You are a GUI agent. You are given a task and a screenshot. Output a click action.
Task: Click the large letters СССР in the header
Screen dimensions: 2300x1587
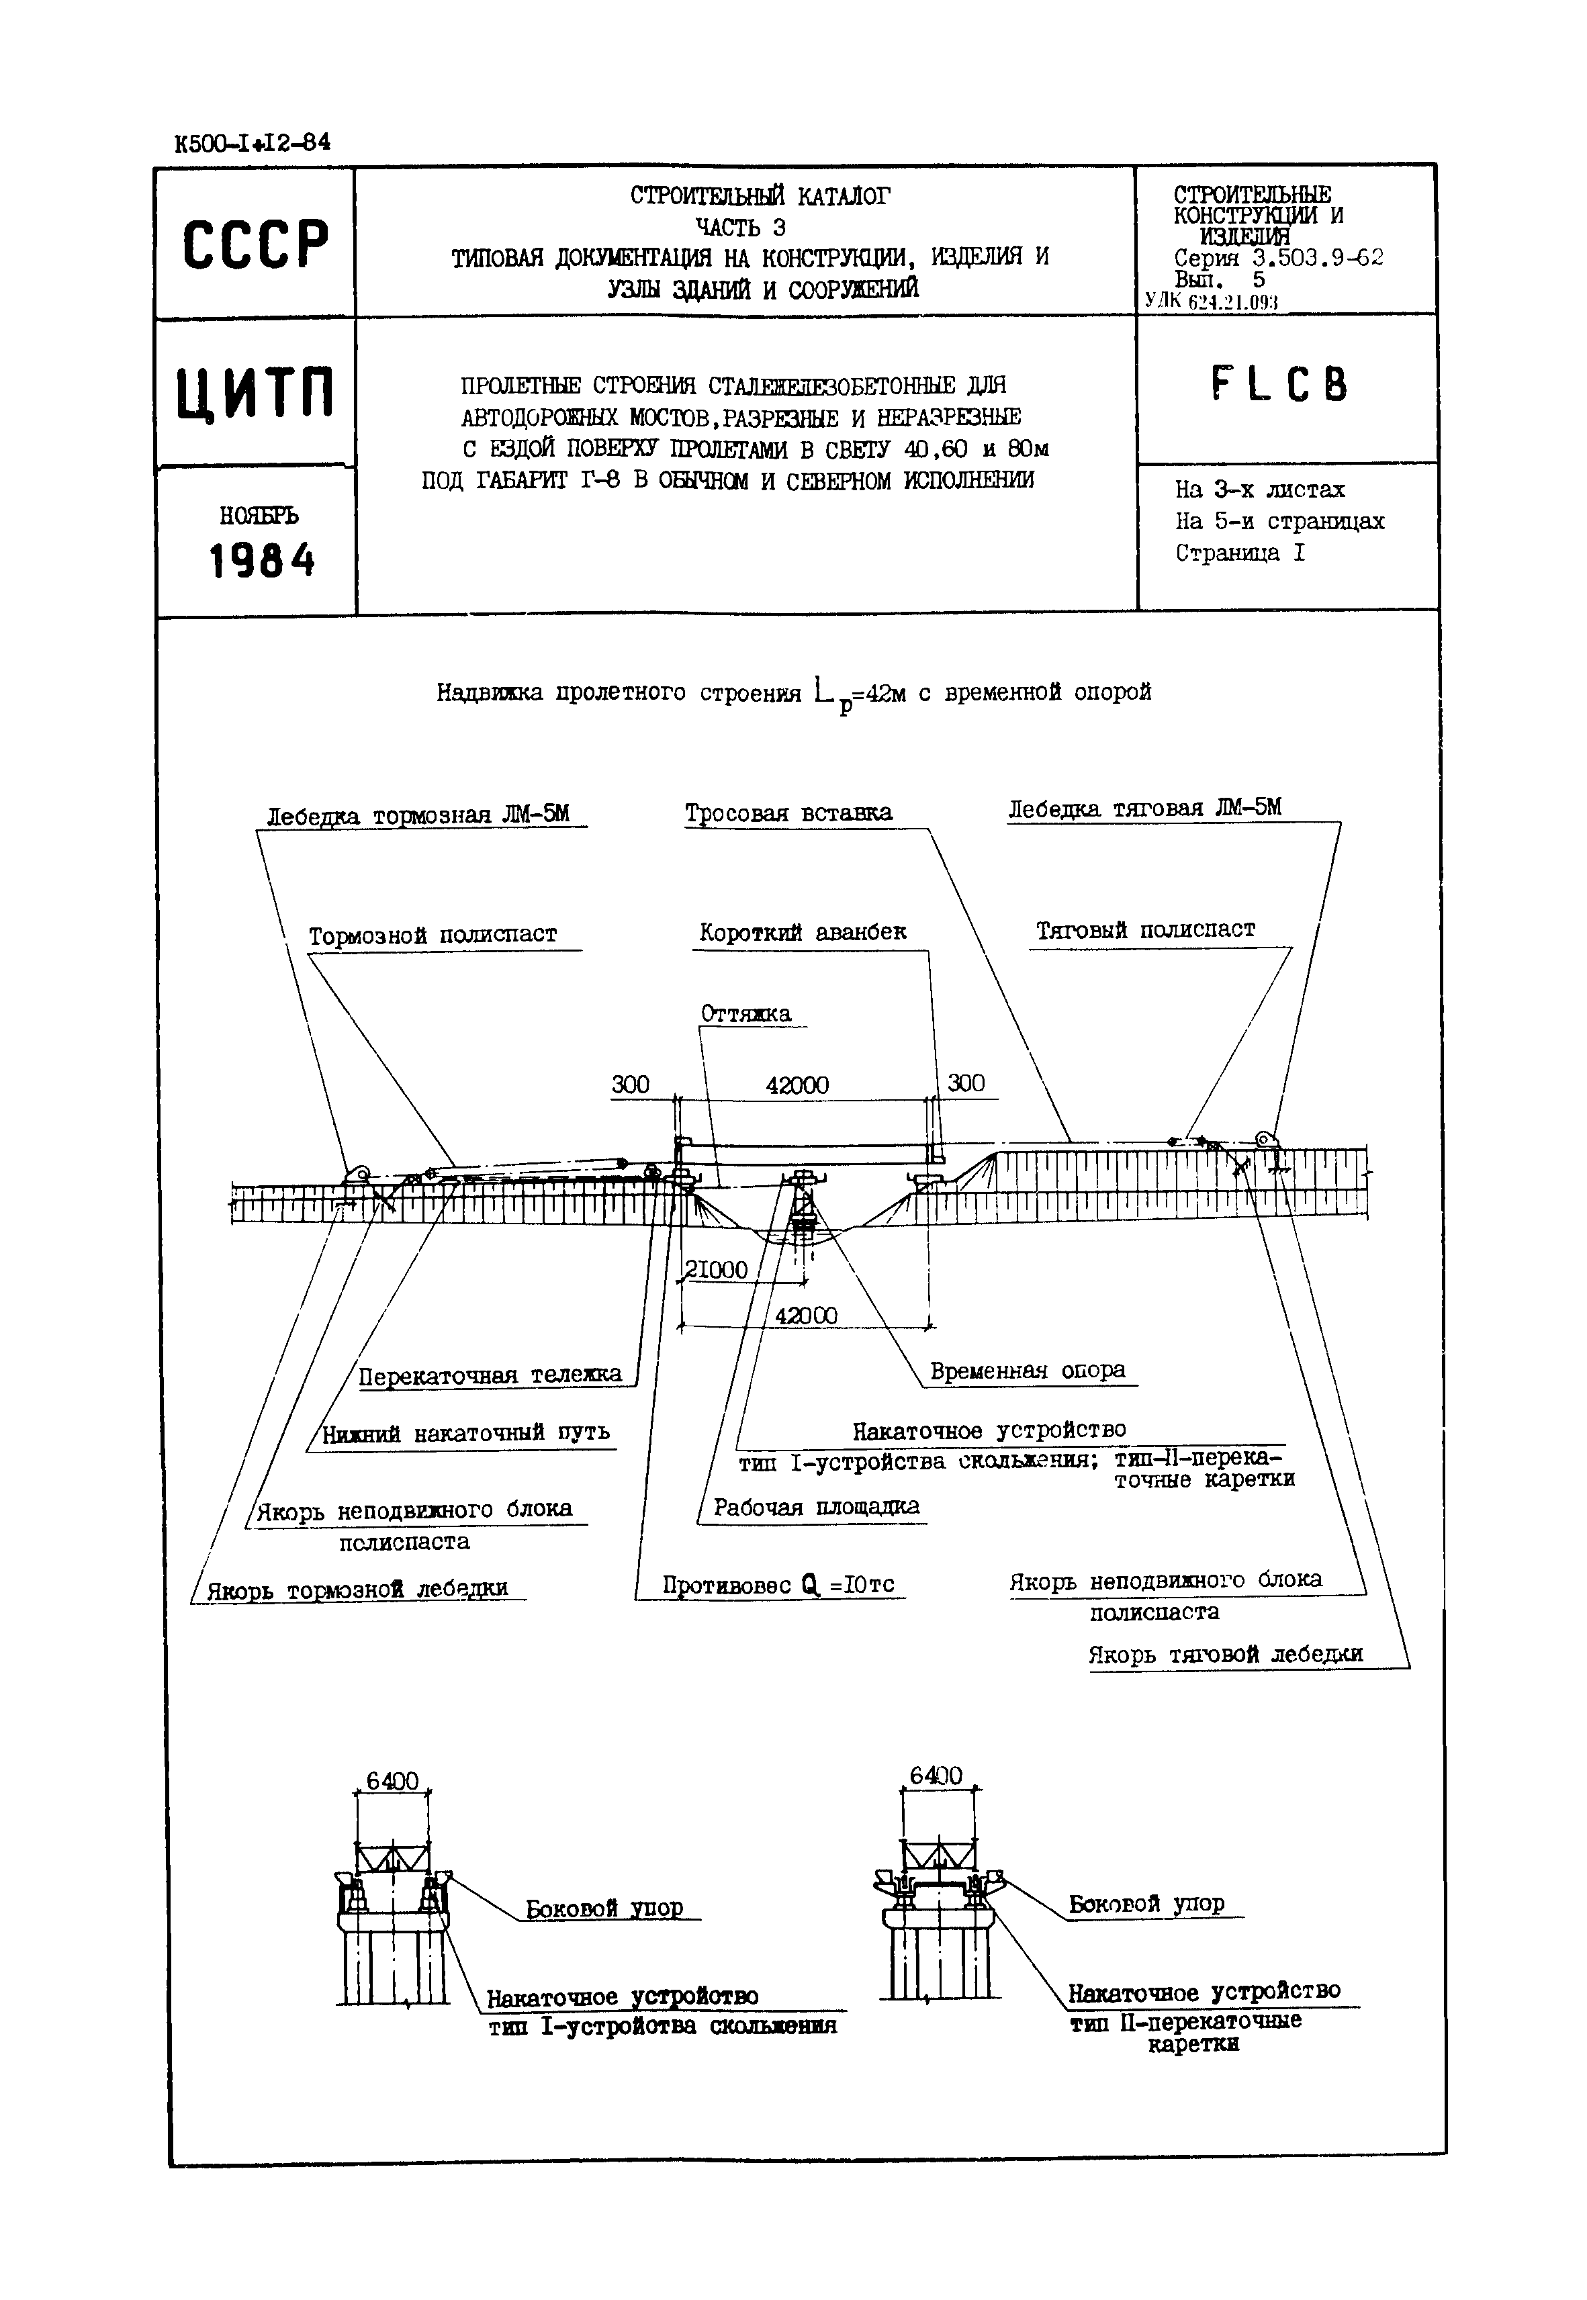[256, 244]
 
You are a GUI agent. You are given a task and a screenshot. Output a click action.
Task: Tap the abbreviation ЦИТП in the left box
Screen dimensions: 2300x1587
[256, 394]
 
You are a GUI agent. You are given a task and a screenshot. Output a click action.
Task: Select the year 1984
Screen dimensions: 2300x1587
[261, 561]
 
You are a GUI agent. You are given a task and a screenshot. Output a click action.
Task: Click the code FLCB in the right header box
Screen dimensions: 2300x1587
[1280, 385]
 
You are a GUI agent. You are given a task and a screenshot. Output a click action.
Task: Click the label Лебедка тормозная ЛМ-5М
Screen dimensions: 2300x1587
[418, 815]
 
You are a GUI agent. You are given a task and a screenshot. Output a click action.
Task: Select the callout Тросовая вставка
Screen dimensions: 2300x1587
[788, 813]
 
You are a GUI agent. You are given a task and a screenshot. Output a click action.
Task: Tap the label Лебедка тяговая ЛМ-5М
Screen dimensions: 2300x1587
[1144, 808]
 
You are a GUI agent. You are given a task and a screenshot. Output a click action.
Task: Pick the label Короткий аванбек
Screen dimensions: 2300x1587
[803, 932]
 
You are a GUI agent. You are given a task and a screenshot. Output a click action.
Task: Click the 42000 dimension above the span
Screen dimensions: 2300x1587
[797, 1085]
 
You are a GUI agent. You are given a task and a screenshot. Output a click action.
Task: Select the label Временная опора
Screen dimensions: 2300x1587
[1027, 1371]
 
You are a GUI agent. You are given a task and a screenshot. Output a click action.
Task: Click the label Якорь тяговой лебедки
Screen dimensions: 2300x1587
[1225, 1655]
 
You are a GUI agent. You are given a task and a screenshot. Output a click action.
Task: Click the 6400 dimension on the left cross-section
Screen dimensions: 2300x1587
[393, 1780]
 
